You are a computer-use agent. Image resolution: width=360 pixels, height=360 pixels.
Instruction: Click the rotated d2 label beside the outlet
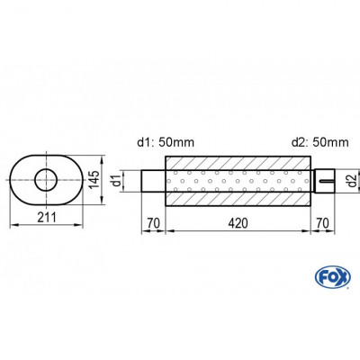pyautogui.click(x=353, y=180)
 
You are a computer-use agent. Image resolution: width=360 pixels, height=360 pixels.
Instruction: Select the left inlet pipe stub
pyautogui.click(x=153, y=180)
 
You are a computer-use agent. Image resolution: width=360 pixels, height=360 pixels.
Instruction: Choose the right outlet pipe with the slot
pyautogui.click(x=324, y=180)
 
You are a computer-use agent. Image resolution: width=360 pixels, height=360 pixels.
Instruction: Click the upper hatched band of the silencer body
pyautogui.click(x=238, y=161)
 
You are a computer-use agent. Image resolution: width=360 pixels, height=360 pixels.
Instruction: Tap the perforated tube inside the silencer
pyautogui.click(x=238, y=180)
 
